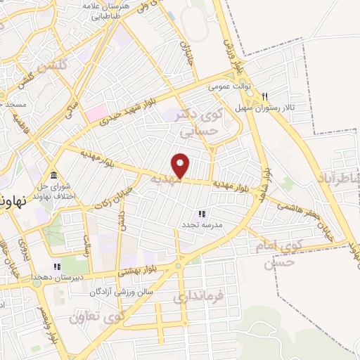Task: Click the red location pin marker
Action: (x=181, y=165)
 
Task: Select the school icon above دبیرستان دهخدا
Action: (x=57, y=267)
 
